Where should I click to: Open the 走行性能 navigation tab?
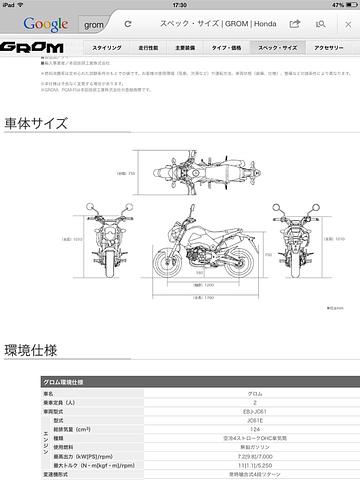point(148,47)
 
